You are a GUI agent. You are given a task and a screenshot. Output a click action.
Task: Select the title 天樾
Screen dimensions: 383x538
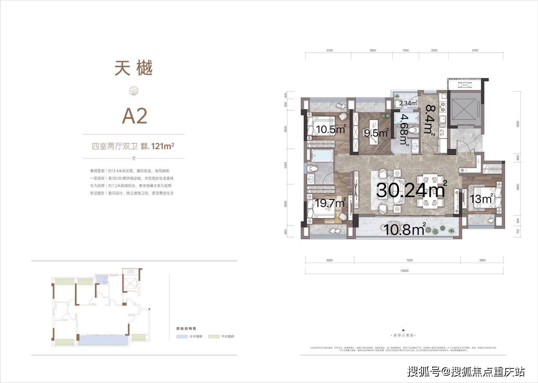tap(134, 69)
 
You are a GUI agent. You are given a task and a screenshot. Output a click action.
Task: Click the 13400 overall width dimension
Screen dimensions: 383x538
tap(404, 271)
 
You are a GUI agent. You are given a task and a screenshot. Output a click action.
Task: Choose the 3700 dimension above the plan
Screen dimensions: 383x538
tap(475, 50)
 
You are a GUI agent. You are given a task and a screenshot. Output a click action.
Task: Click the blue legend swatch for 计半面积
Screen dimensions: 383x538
tap(182, 337)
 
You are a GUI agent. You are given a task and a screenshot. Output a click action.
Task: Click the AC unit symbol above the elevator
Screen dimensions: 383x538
tap(464, 85)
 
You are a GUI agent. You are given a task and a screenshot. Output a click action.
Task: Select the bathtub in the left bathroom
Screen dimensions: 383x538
tap(322, 156)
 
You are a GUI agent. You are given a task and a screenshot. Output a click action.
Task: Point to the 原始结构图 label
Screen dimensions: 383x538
tap(186, 329)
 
